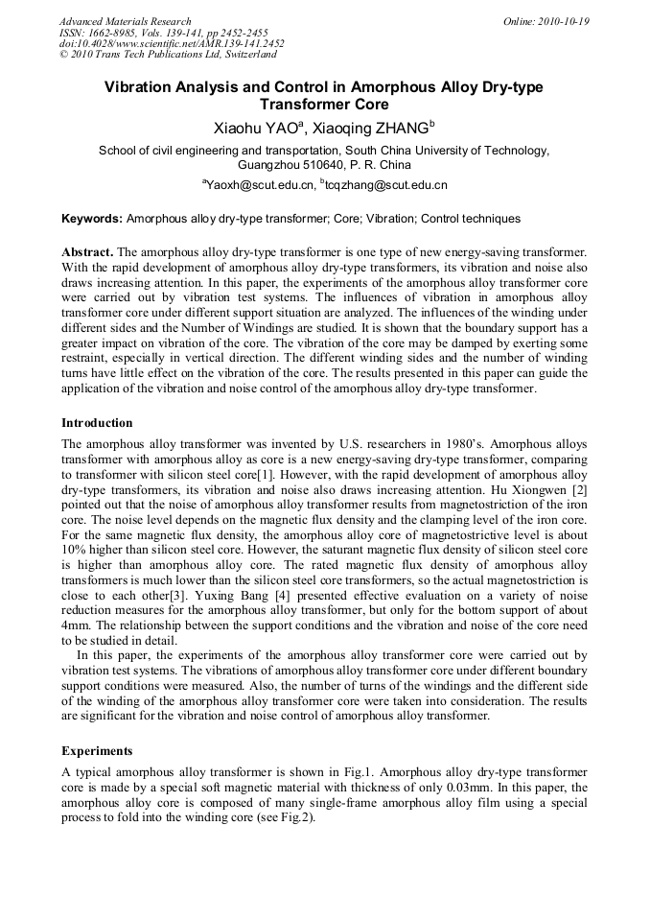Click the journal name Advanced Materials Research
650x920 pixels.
click(125, 21)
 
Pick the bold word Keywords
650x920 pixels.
click(92, 219)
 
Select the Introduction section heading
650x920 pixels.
click(97, 423)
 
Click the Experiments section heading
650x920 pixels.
click(97, 750)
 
